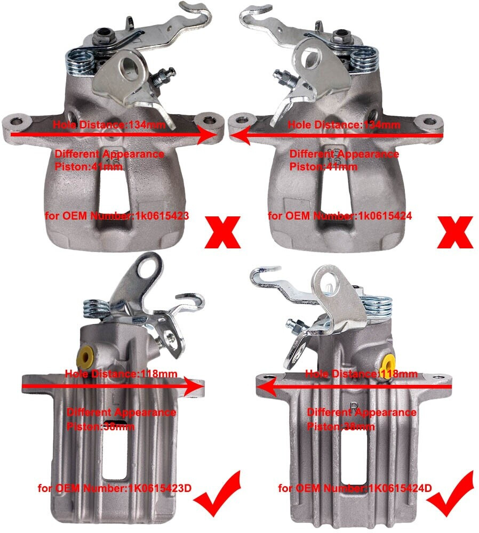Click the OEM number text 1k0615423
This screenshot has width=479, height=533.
[162, 216]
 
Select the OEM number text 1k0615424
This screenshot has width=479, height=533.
[385, 216]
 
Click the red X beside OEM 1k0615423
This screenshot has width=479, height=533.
[223, 232]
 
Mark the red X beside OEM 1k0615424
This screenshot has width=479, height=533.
[455, 232]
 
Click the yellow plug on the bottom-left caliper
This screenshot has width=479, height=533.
[86, 358]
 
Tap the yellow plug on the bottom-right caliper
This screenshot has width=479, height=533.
[387, 364]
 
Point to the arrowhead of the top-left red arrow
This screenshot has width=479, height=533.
[207, 135]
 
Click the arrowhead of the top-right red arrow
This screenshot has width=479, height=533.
[239, 135]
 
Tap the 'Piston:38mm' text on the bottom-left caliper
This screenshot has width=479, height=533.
[101, 426]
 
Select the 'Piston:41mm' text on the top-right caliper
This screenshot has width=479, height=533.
[323, 166]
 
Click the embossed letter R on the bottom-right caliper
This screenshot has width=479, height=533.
[355, 407]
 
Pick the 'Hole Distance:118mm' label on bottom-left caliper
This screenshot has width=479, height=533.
[121, 374]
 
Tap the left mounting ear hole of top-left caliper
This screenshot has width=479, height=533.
[15, 122]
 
